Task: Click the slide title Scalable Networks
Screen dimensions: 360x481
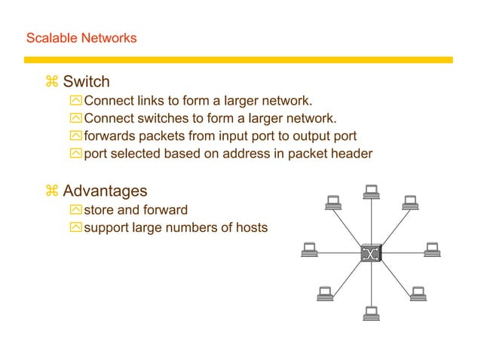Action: [81, 38]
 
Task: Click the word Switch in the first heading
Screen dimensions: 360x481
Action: [86, 81]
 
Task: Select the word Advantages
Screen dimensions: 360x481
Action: [105, 191]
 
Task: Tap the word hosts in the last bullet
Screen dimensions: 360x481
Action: [250, 227]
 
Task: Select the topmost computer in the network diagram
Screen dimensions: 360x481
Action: [371, 191]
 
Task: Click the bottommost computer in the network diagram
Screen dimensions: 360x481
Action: [371, 313]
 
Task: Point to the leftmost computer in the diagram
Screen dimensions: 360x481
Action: [308, 249]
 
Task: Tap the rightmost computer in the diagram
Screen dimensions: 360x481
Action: [432, 249]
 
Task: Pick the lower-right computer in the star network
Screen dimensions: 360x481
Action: [418, 294]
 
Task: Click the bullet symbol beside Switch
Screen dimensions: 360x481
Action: [51, 81]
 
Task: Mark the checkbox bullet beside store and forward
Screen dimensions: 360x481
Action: [75, 209]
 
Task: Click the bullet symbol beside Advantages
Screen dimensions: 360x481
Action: [51, 191]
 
